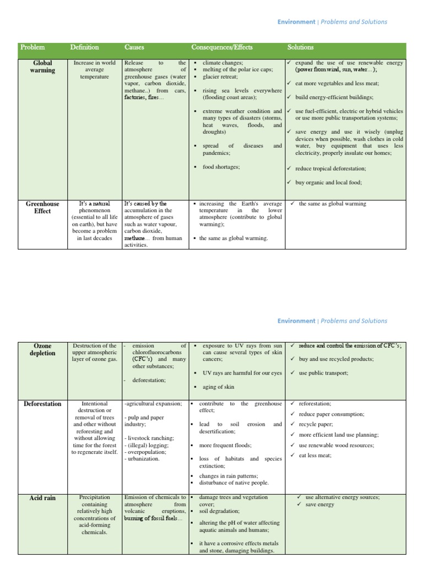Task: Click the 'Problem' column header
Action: pyautogui.click(x=32, y=47)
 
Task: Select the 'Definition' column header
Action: pyautogui.click(x=84, y=47)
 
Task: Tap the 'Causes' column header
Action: pyautogui.click(x=134, y=47)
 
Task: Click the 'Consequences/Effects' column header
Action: pyautogui.click(x=222, y=47)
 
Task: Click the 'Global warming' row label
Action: pyautogui.click(x=42, y=67)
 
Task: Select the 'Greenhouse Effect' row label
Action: pyautogui.click(x=42, y=207)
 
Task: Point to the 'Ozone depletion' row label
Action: pyautogui.click(x=42, y=349)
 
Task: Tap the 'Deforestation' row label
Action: pyautogui.click(x=42, y=404)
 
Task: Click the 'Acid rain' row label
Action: pyautogui.click(x=42, y=498)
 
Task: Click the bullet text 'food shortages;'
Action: pyautogui.click(x=221, y=166)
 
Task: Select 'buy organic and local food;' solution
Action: pyautogui.click(x=328, y=182)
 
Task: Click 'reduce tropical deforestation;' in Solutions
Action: pyautogui.click(x=330, y=169)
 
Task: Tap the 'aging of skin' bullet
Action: pyautogui.click(x=218, y=387)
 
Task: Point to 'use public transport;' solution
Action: pyautogui.click(x=323, y=373)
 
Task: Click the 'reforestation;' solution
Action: pyautogui.click(x=315, y=404)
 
